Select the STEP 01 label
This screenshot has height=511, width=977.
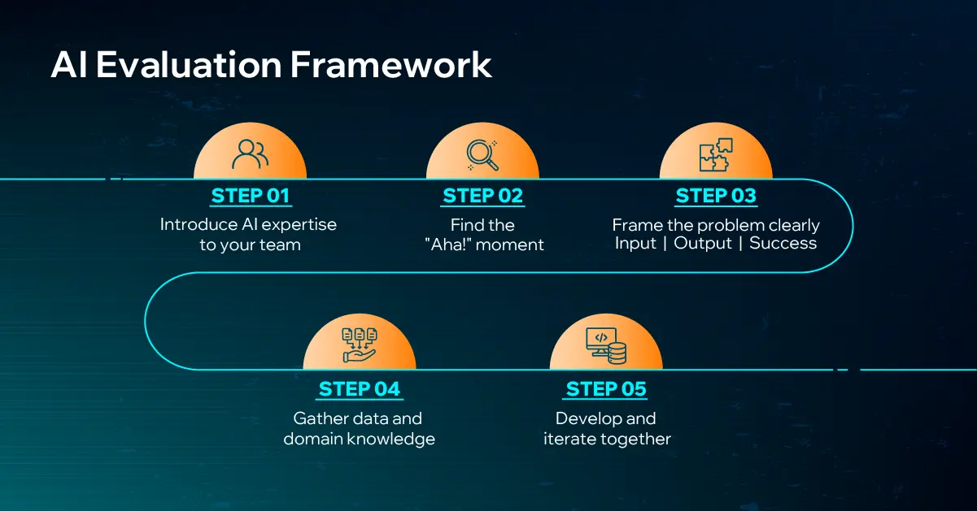[250, 196]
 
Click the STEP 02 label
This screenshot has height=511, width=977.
[482, 196]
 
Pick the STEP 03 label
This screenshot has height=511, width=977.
[715, 196]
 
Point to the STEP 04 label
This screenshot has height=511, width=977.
[360, 389]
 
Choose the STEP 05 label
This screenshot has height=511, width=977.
[605, 389]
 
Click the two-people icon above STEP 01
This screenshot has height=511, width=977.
[250, 154]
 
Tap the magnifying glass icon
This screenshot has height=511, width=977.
[482, 154]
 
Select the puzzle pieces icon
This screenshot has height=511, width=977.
[716, 154]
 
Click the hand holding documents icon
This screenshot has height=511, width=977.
[360, 345]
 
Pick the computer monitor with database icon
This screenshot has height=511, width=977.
[605, 345]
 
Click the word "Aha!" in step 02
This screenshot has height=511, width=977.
[446, 245]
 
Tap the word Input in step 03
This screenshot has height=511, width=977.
[635, 244]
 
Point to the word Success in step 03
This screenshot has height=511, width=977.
[783, 244]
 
